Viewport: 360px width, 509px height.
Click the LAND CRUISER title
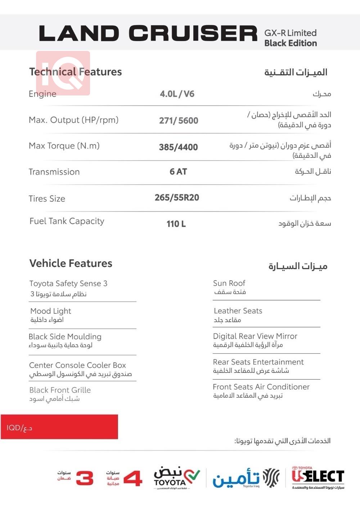[148, 34]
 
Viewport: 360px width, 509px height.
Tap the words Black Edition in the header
[291, 43]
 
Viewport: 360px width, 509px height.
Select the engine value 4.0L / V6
[177, 94]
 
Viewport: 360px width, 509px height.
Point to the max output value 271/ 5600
[179, 121]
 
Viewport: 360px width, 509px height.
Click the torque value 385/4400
[178, 147]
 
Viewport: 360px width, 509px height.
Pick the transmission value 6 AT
[178, 172]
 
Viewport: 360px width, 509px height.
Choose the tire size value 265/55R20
[177, 198]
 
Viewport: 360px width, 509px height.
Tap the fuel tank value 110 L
[176, 224]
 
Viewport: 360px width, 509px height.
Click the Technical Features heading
[75, 72]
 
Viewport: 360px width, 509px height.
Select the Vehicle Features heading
[71, 263]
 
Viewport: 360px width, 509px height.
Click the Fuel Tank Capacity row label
[67, 221]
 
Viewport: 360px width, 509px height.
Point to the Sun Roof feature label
[229, 283]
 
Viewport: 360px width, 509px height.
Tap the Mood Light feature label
[50, 311]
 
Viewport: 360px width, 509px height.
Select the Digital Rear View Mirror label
[255, 336]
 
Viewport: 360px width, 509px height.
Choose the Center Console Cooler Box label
[77, 365]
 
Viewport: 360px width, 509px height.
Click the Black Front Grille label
[60, 390]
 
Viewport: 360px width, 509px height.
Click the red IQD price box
[59, 427]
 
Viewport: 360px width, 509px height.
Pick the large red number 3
[85, 478]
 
